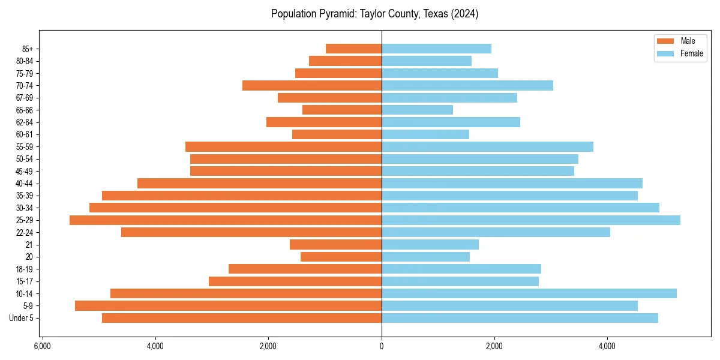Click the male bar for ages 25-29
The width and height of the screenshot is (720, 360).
pyautogui.click(x=226, y=220)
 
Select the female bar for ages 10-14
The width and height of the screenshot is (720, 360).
pyautogui.click(x=529, y=293)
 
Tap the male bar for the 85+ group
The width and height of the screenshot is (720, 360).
pyautogui.click(x=353, y=49)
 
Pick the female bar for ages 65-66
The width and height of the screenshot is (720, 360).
pyautogui.click(x=418, y=110)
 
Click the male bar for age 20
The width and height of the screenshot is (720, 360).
pyautogui.click(x=341, y=257)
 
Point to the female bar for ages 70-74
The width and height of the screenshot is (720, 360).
pyautogui.click(x=467, y=85)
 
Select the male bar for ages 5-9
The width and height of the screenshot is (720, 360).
pyautogui.click(x=228, y=306)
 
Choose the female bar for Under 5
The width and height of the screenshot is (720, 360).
pyautogui.click(x=520, y=318)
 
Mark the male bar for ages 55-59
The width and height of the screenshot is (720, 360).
pyautogui.click(x=283, y=146)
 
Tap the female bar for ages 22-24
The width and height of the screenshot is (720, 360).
pyautogui.click(x=496, y=232)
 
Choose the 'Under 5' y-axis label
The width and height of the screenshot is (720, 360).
pyautogui.click(x=22, y=318)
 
